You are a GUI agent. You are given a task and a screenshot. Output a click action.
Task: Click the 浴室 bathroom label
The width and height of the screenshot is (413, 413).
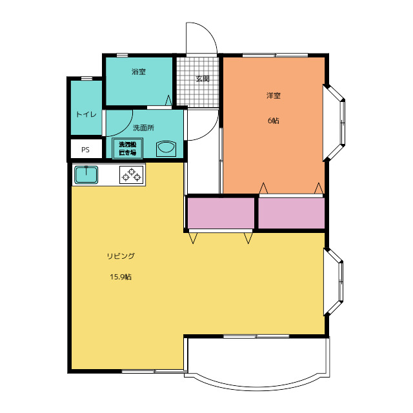tap(139, 72)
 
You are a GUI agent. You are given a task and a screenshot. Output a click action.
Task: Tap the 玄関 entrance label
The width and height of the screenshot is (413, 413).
tap(203, 79)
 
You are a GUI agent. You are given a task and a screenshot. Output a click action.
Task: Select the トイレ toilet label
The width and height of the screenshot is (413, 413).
tap(86, 114)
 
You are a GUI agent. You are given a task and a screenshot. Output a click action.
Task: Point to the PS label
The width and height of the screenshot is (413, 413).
tap(85, 150)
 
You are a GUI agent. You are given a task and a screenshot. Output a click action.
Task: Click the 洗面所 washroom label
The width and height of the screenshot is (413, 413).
tap(143, 128)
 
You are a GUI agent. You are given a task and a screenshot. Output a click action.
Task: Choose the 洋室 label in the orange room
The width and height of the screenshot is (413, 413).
tap(274, 96)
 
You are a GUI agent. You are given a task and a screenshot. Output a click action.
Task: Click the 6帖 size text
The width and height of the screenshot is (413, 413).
tap(274, 121)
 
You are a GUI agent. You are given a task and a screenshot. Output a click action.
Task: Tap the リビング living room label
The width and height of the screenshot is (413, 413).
tap(121, 256)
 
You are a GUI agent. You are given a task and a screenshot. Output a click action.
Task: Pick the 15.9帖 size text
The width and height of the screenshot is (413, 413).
tap(121, 277)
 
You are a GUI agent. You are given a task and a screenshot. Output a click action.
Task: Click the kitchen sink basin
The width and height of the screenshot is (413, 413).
tap(86, 175)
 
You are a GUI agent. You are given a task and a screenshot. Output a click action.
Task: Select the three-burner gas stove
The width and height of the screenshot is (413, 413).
tap(132, 175)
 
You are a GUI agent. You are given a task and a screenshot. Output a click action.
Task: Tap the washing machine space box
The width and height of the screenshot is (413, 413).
tap(128, 148)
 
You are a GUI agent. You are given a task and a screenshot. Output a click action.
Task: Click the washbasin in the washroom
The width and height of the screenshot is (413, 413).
tap(166, 149)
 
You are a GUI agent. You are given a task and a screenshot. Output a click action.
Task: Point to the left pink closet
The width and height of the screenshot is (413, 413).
tap(221, 213)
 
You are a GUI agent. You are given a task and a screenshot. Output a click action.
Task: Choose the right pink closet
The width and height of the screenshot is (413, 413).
tap(291, 213)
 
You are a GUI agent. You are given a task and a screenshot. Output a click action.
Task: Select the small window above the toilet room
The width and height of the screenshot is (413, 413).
tap(86, 78)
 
